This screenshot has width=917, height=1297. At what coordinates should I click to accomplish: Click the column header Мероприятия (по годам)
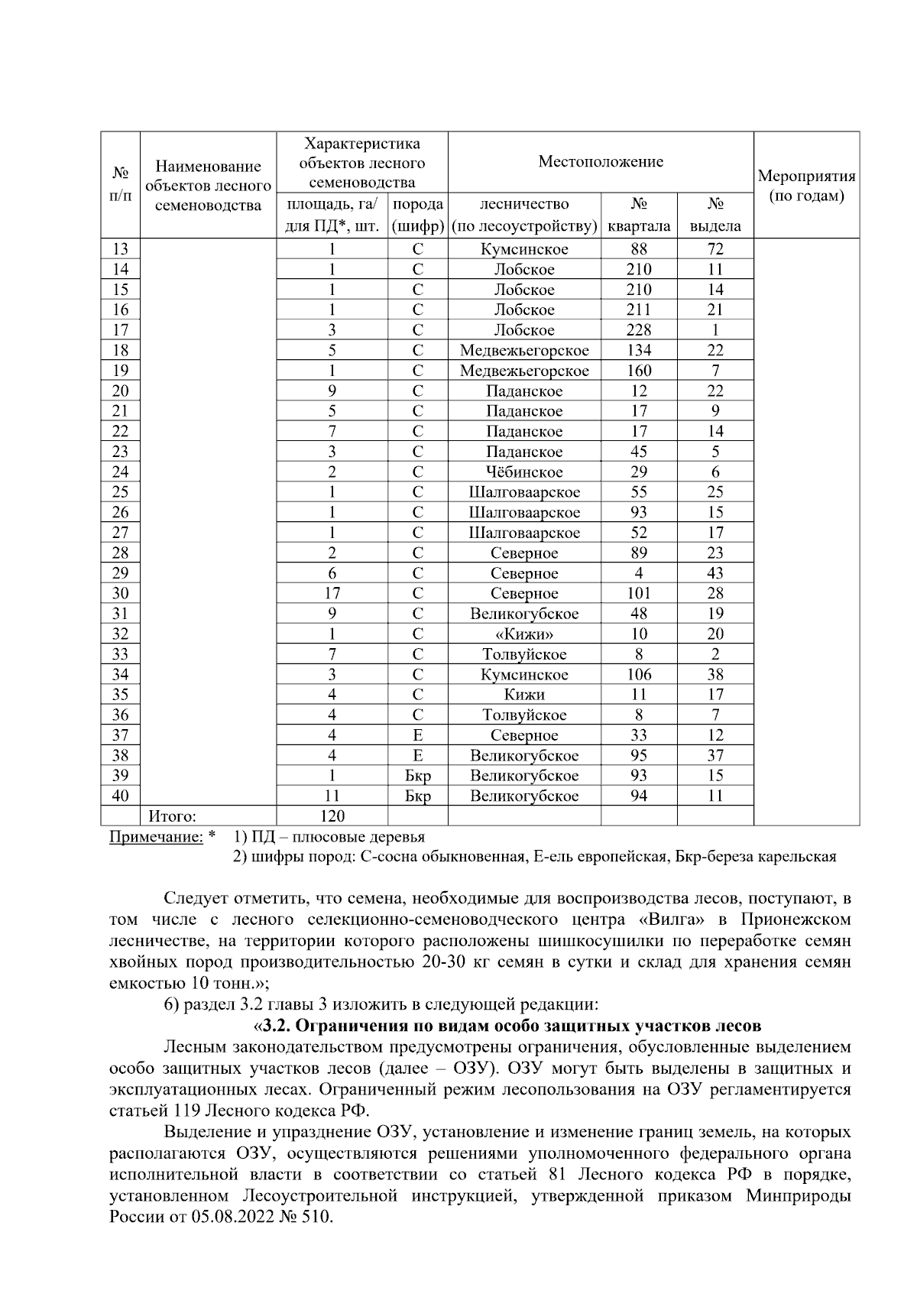point(806,186)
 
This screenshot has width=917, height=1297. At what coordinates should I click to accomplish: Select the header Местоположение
point(601,161)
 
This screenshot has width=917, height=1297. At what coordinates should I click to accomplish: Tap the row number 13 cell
point(120,249)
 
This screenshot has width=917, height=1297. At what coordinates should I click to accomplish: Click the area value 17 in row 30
point(332,593)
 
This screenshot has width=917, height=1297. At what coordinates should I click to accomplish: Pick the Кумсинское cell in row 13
point(524,249)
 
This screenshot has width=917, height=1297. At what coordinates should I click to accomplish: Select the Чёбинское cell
point(524,472)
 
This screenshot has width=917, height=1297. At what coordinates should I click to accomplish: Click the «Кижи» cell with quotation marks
point(524,634)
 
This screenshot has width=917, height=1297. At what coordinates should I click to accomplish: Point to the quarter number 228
point(639,330)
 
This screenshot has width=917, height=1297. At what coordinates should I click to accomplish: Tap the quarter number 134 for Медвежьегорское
point(639,350)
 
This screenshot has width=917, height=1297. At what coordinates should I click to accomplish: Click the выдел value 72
point(715,249)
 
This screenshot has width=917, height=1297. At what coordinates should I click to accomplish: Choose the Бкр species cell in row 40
point(418,796)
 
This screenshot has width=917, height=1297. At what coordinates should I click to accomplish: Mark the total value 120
point(332,816)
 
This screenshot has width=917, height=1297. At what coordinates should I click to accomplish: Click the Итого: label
point(172,816)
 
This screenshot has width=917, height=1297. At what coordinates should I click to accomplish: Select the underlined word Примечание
point(156,837)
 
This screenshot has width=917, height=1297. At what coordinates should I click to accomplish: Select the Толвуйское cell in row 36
point(524,715)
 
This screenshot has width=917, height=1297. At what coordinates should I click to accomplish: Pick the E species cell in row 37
point(418,735)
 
